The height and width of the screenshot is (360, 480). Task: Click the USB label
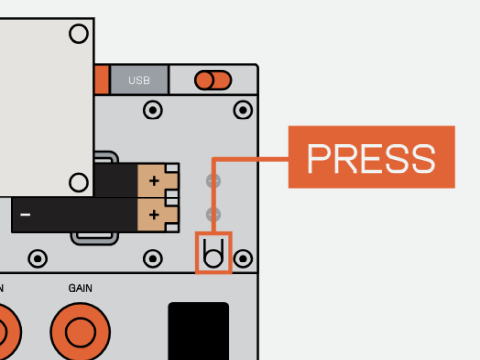click(139, 80)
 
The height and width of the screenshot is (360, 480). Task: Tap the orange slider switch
click(213, 80)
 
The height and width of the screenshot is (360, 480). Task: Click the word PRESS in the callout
click(371, 159)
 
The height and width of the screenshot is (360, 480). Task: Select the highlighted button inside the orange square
click(213, 253)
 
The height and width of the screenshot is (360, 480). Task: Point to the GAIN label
click(80, 288)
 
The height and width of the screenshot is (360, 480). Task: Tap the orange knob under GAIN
click(80, 332)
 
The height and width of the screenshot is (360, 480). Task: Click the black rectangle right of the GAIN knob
click(199, 331)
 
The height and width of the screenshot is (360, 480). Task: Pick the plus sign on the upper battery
click(154, 181)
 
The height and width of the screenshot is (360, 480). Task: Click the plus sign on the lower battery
click(154, 215)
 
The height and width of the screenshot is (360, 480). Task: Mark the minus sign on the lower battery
click(25, 215)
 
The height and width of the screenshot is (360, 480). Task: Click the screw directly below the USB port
click(153, 110)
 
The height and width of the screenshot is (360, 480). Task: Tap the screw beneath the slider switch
click(243, 110)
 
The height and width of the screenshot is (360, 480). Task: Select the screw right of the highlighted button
click(243, 259)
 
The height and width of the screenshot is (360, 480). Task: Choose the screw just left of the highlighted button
click(153, 259)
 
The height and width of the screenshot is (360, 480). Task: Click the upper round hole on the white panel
click(79, 34)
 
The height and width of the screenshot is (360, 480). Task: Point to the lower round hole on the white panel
click(79, 182)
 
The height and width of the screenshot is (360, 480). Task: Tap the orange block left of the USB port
click(102, 80)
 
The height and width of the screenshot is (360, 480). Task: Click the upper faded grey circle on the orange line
click(213, 181)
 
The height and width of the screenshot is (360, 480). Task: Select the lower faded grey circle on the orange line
click(213, 215)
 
